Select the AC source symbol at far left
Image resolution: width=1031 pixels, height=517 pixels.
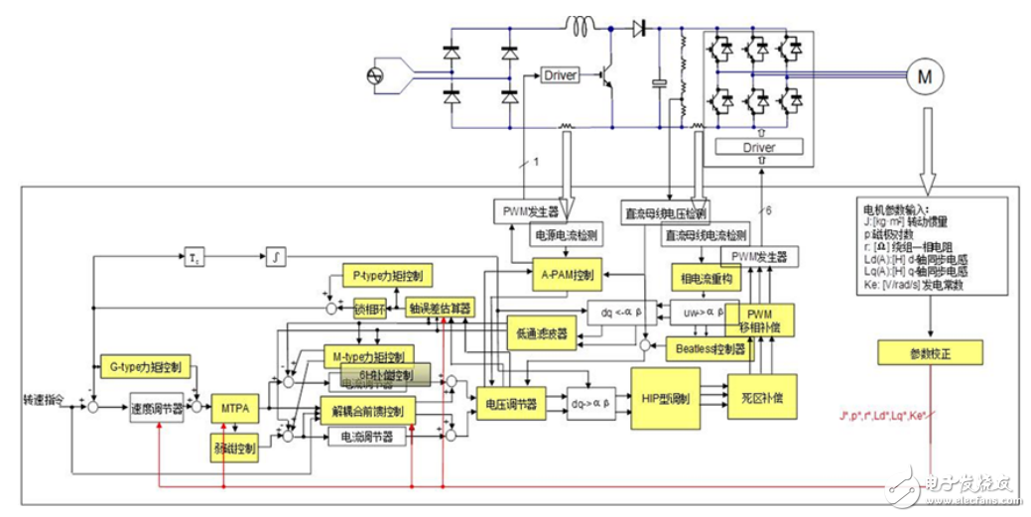[376, 76]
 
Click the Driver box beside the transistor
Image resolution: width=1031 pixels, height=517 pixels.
[563, 75]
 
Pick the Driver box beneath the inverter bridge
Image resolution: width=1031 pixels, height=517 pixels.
[759, 147]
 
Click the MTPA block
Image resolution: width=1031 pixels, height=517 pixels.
[234, 407]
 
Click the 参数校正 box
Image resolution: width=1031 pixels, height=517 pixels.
[929, 352]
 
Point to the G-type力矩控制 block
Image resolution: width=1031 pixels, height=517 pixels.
[147, 366]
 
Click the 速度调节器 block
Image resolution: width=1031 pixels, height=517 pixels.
[157, 408]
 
